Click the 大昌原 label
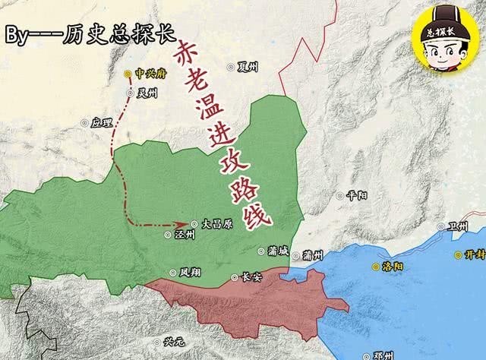pos(217,224)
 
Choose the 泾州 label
pos(185,235)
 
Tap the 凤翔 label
pos(191,272)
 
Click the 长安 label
pos(250,277)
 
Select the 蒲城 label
pos(278,251)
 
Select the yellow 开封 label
pos(474,255)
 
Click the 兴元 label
pos(173,342)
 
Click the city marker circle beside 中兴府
pos(128,74)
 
